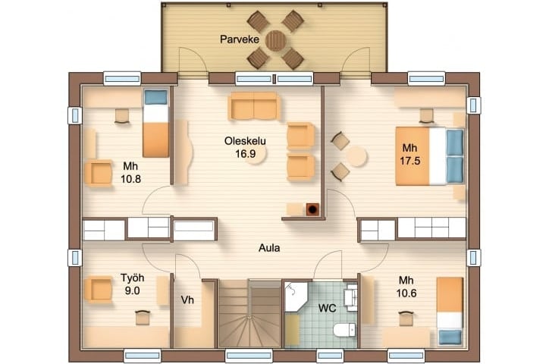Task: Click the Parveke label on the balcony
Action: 240,39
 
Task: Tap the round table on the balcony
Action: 276,41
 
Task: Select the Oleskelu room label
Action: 245,141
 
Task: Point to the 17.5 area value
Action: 410,161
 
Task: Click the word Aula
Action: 269,248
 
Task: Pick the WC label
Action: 328,309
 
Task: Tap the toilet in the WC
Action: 344,330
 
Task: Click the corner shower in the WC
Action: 296,297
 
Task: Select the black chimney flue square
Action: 312,209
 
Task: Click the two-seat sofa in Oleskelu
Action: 254,107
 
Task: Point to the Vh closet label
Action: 187,300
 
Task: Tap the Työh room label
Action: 133,278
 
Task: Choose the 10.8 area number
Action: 131,179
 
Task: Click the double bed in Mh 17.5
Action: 430,156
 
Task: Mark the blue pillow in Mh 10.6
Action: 450,337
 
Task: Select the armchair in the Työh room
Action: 99,290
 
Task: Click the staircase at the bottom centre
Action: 250,313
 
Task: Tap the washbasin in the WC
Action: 351,297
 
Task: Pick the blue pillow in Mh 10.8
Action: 155,97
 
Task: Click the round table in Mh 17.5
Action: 356,156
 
